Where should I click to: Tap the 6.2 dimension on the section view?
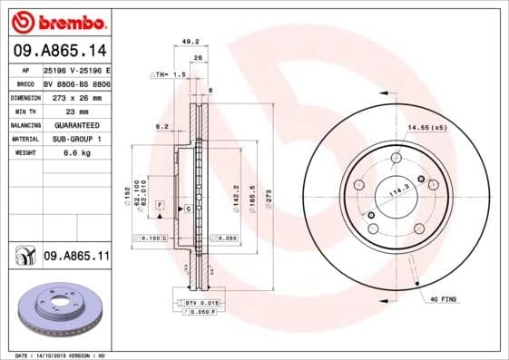[x=162, y=126]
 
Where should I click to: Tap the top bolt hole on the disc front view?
[x=396, y=159]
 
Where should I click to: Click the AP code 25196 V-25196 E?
[x=76, y=69]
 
